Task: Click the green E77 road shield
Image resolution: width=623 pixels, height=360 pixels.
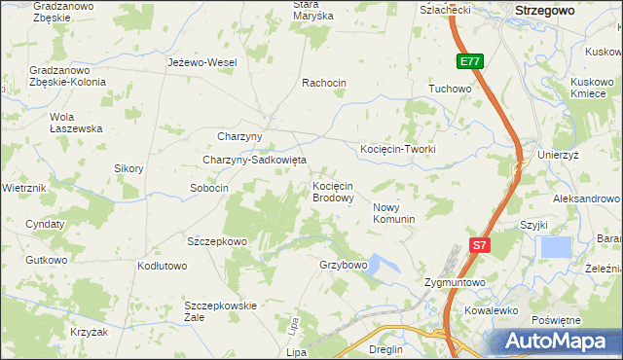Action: click(470, 61)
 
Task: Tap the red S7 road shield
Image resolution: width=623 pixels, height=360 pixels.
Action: click(478, 246)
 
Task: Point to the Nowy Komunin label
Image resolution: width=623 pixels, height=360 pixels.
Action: click(394, 213)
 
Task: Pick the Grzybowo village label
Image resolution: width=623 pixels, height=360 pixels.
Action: click(343, 265)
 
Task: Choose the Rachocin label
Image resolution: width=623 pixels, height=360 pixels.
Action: click(324, 83)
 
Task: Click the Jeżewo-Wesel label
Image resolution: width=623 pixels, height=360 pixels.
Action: click(202, 62)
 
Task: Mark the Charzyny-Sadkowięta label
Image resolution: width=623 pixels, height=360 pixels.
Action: click(254, 160)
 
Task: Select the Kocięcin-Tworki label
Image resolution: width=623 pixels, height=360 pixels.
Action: click(397, 149)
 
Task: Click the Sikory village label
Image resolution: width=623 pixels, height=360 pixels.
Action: click(128, 168)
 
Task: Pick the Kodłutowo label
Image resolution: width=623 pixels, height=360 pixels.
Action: click(163, 266)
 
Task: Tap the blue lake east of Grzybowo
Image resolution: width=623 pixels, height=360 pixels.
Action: click(381, 264)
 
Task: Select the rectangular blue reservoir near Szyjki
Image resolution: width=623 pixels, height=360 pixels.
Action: click(556, 247)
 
